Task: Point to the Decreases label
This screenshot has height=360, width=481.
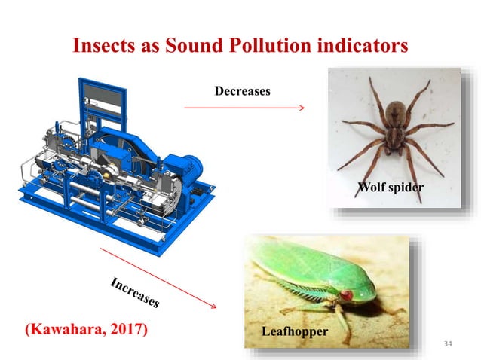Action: pyautogui.click(x=242, y=91)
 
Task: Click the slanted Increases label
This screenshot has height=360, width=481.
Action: pyautogui.click(x=135, y=293)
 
